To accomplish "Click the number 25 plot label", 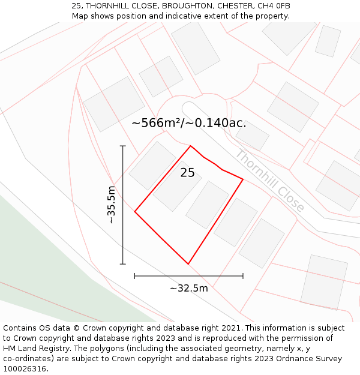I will point(187,173).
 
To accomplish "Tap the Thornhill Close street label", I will point(269,180).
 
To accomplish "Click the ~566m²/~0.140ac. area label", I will point(188,123).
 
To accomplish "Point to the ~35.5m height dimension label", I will point(111,205).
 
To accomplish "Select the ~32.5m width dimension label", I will point(188,288).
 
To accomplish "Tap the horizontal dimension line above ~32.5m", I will point(188,276).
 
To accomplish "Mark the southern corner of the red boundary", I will point(188,264).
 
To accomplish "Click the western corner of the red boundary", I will point(135,211).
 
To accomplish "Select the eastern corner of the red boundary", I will point(243,179).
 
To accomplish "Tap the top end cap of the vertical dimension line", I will point(123,146).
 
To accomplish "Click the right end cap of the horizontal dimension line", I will point(243,276).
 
